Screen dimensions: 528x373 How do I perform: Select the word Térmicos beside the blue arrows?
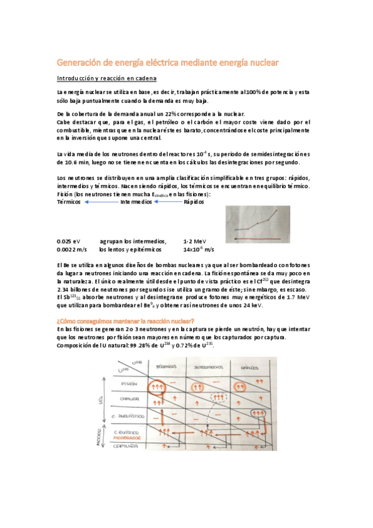point(68,202)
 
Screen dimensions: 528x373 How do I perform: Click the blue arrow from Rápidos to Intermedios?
point(168,202)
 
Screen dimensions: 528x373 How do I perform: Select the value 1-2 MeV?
point(192,241)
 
